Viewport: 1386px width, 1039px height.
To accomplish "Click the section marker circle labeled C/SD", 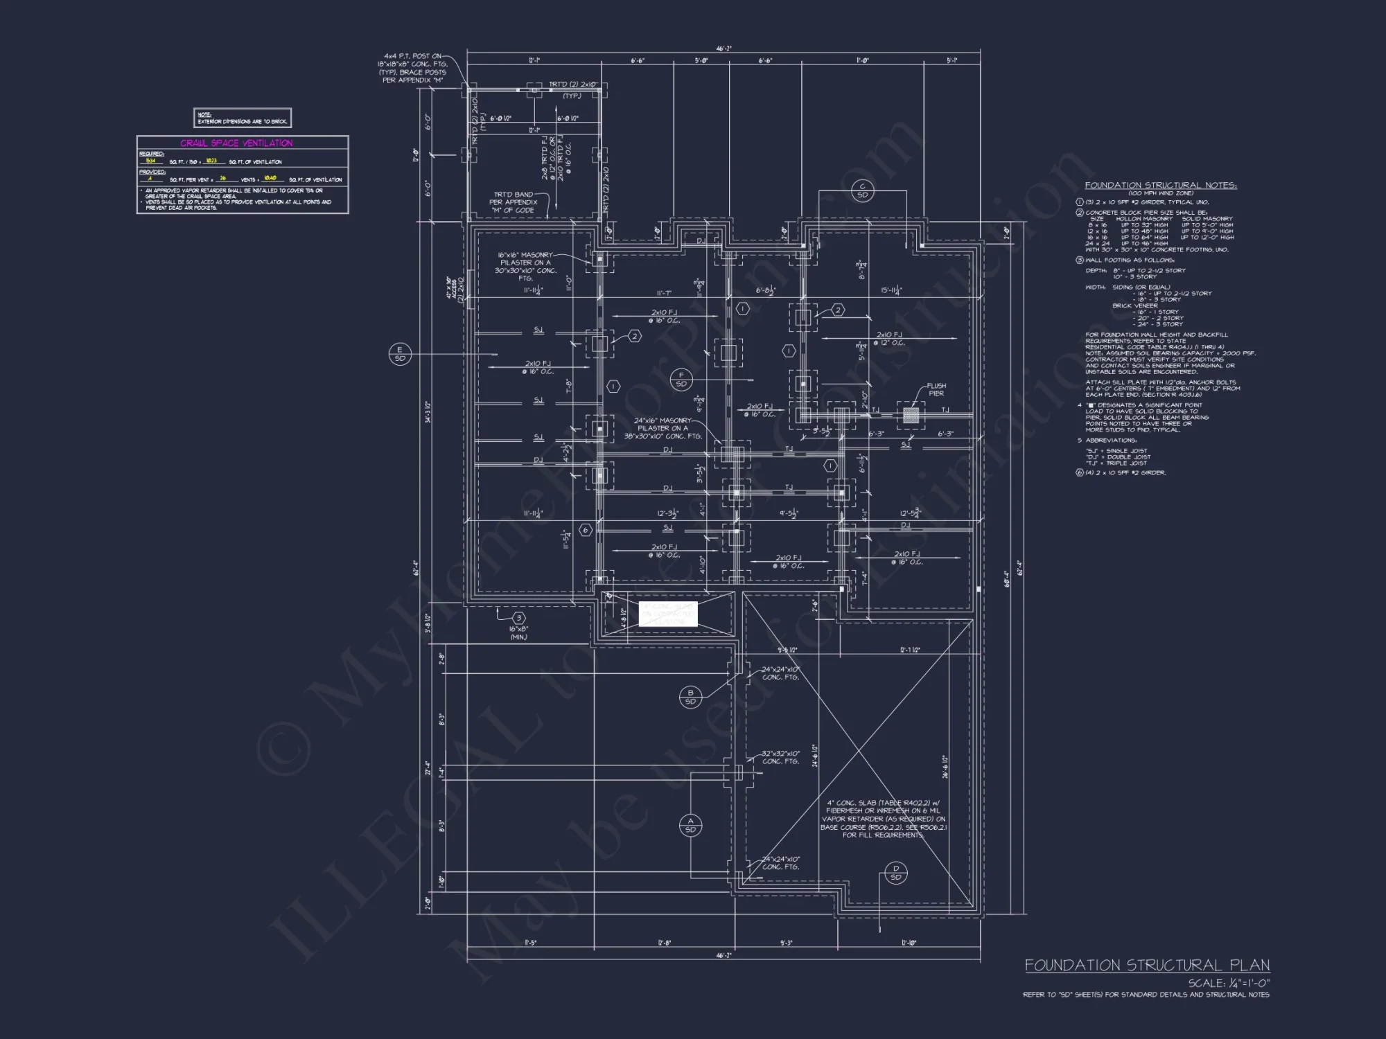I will [863, 190].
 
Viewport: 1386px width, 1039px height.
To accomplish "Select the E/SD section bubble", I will [400, 354].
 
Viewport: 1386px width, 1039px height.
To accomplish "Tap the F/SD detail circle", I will [681, 380].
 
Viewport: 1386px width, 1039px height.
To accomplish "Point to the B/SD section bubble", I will [690, 697].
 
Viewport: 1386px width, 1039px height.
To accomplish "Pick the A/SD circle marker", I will [690, 826].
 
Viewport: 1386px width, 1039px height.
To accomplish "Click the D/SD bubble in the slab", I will [895, 873].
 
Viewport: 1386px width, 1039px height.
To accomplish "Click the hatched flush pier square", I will [911, 416].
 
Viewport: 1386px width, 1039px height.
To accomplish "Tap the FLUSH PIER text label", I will [936, 389].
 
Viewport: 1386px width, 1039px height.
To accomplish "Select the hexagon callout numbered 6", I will [586, 531].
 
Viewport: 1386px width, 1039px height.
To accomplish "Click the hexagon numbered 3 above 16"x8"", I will [518, 618].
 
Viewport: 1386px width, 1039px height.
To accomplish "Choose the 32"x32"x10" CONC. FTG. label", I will [781, 757].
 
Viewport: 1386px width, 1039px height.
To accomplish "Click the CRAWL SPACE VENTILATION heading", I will [236, 143].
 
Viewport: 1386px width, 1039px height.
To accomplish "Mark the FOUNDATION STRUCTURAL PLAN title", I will [1147, 965].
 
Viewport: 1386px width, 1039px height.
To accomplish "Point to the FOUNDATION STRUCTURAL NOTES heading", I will [1160, 186].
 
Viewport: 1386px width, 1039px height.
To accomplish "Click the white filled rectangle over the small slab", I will [668, 614].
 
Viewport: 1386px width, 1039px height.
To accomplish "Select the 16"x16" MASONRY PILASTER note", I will [525, 267].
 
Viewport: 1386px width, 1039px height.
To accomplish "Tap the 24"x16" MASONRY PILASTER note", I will [663, 428].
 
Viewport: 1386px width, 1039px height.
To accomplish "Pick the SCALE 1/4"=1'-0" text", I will [1229, 983].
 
